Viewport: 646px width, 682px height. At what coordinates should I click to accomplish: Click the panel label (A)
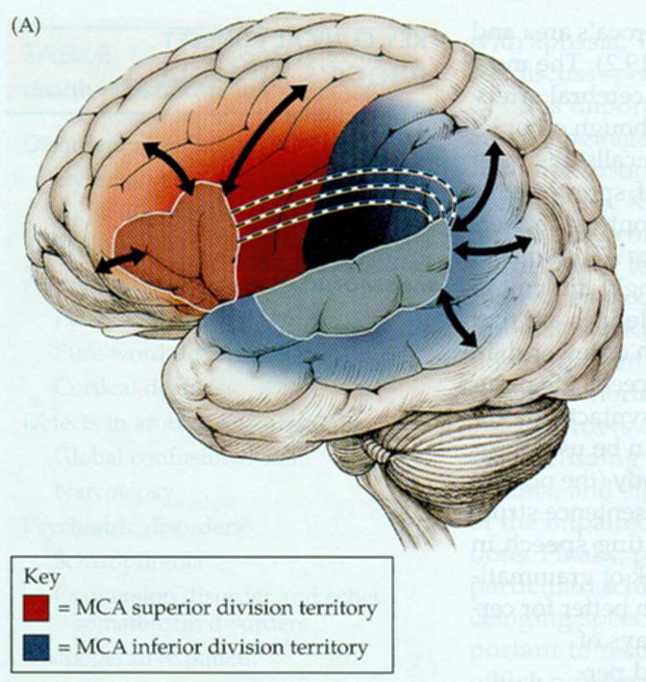25,27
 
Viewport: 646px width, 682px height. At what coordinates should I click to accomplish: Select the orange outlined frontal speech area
173,245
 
